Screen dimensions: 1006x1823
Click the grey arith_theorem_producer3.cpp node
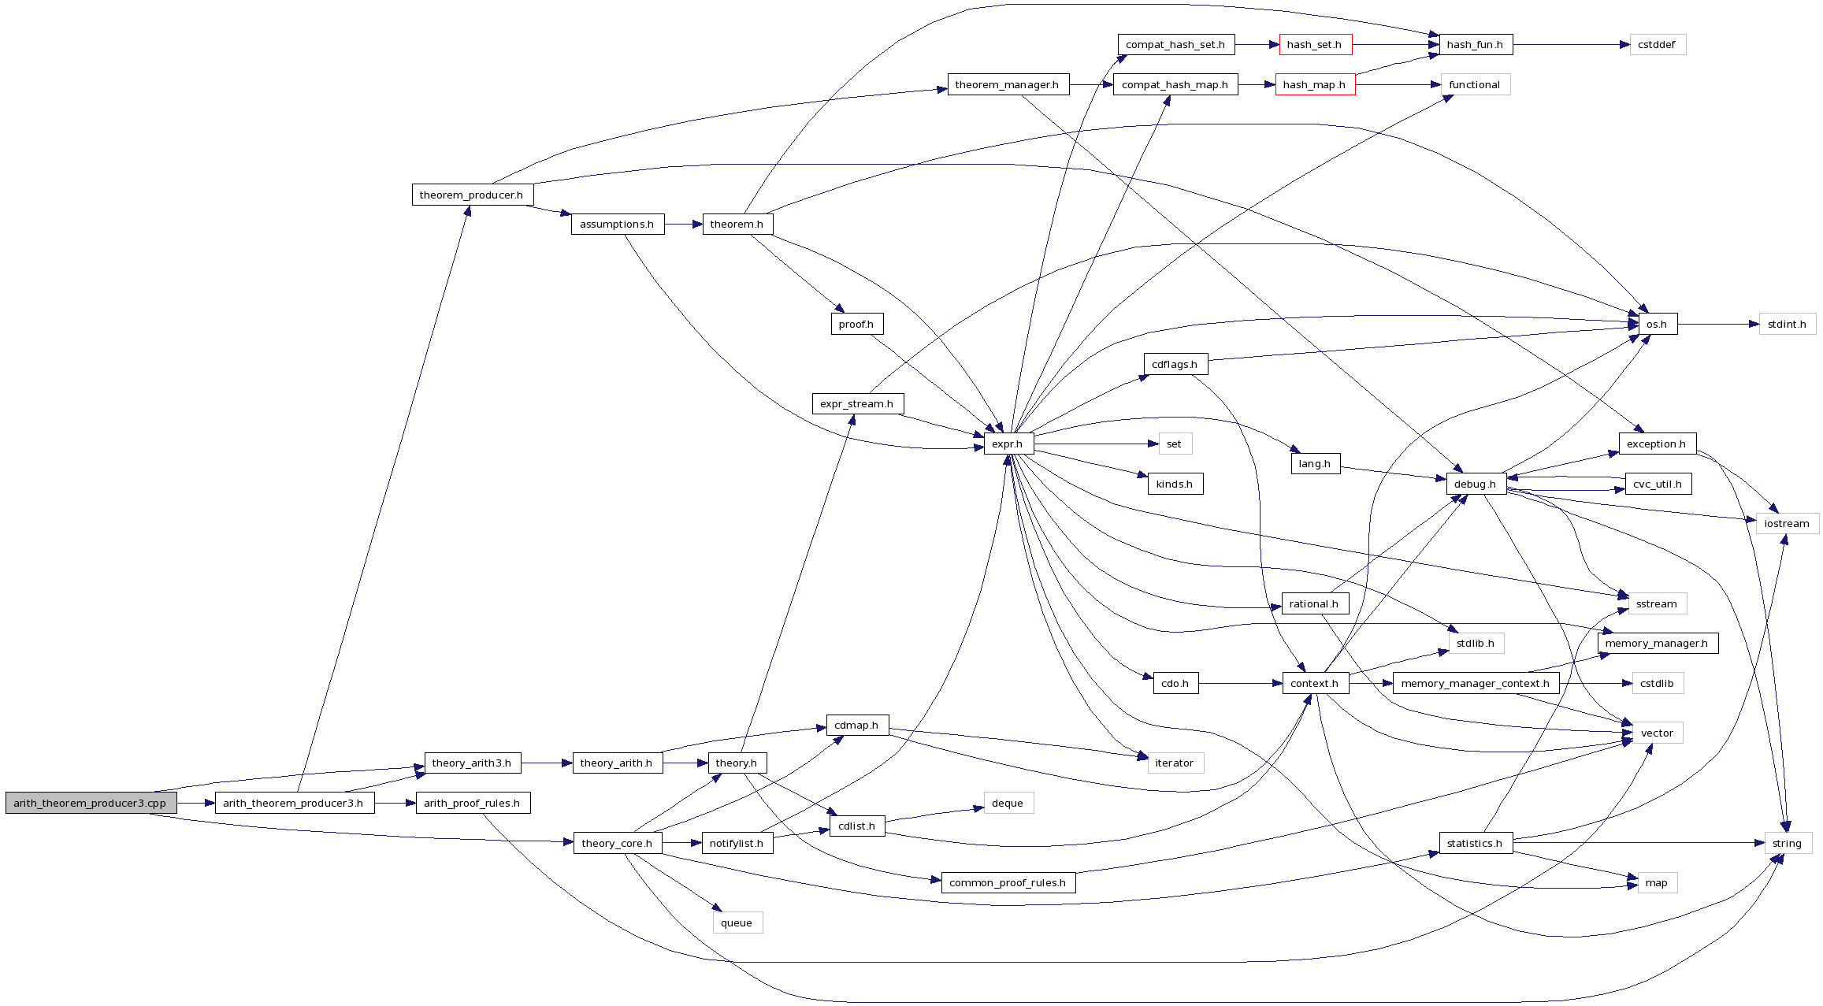(x=91, y=803)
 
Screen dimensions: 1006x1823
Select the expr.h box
(x=1008, y=444)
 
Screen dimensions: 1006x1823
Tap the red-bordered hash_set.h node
(x=1314, y=45)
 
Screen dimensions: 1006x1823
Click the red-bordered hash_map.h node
(x=1314, y=85)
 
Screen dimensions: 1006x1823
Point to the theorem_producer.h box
(x=472, y=195)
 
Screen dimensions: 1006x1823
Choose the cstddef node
(x=1657, y=45)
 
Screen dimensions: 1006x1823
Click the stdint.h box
(x=1787, y=324)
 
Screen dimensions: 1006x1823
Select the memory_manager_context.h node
(x=1475, y=683)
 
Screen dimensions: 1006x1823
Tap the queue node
(x=737, y=922)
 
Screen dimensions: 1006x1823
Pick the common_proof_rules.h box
(x=1008, y=882)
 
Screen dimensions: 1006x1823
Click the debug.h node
(x=1475, y=484)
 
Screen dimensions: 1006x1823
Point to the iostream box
(x=1787, y=523)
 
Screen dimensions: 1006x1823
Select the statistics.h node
(x=1475, y=843)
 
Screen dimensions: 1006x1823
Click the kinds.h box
(x=1175, y=484)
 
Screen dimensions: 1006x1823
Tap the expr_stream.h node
(x=857, y=403)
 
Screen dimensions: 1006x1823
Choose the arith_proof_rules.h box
(x=472, y=803)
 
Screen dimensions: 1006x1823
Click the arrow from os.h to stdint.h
(x=1717, y=324)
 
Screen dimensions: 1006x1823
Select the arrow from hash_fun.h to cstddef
(x=1571, y=45)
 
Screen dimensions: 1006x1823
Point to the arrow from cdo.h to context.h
(x=1240, y=683)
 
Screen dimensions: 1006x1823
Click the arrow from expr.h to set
(x=1095, y=444)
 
